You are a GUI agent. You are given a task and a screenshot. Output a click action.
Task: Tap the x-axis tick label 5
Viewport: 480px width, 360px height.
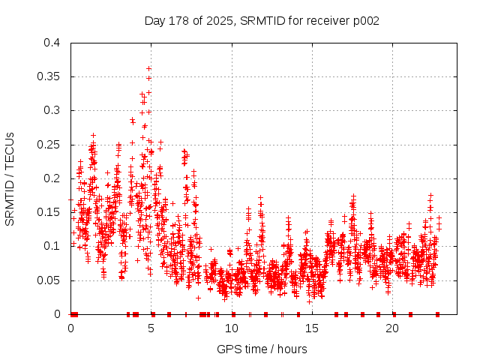[x=151, y=328]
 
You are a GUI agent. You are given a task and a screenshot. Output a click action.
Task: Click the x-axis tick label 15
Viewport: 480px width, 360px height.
[x=312, y=328]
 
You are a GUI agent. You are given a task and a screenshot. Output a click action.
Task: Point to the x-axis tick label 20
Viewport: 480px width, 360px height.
[x=392, y=328]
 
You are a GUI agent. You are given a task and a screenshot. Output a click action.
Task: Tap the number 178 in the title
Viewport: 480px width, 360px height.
[x=179, y=21]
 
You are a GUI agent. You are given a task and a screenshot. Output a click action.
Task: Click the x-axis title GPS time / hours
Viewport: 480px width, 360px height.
[x=262, y=349]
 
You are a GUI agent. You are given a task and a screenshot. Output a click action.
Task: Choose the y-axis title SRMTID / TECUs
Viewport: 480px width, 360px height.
[x=10, y=178]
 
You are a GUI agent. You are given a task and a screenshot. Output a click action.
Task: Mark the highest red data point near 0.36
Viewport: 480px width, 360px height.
[x=149, y=68]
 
